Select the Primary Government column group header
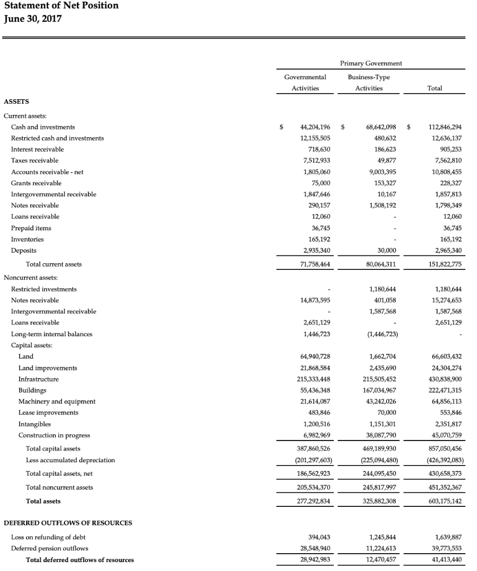click(372, 63)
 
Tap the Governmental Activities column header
click(305, 83)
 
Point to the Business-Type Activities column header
click(369, 83)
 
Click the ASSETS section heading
click(17, 101)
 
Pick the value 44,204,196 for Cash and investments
click(315, 127)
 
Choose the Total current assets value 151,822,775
click(443, 264)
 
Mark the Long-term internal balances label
click(52, 334)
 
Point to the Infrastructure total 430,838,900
click(443, 379)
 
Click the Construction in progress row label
click(54, 435)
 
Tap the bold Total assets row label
click(43, 501)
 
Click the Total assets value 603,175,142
click(443, 501)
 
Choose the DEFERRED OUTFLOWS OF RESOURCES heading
click(68, 523)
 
